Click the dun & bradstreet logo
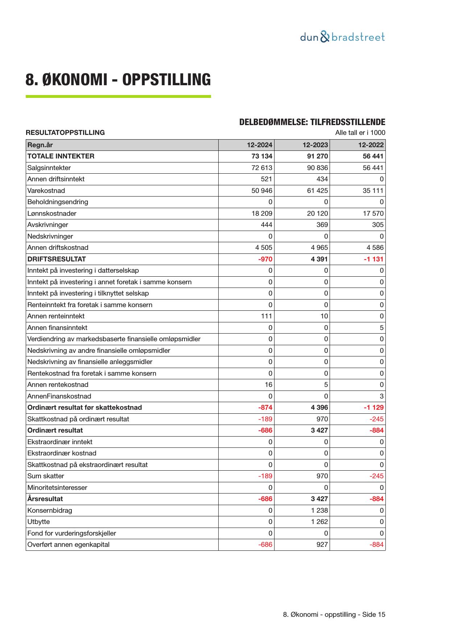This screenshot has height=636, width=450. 342,37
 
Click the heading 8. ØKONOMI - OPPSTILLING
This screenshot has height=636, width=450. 118,80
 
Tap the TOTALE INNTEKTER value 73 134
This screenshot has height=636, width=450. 262,156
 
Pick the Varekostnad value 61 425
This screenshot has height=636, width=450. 317,191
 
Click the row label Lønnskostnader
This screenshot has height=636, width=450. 52,214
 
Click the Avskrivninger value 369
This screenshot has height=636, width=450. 322,225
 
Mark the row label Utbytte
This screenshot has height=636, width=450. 38,522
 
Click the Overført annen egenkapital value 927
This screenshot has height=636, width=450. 322,545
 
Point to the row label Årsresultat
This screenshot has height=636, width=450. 45,499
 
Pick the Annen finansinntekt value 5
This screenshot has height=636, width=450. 381,328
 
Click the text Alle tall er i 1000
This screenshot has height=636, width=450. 360,133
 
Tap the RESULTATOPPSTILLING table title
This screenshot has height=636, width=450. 65,133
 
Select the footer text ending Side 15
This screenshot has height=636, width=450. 334,615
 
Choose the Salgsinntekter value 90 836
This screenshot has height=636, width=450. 317,168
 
